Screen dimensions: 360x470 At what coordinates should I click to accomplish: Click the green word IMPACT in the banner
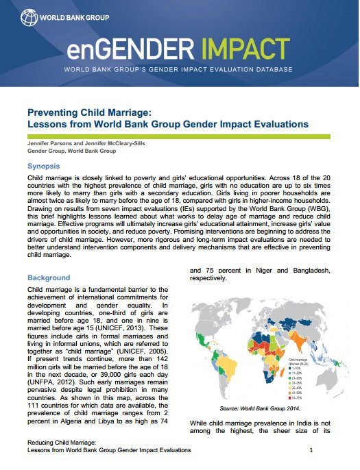[x=234, y=50]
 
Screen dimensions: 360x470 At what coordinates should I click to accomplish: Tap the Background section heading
[x=49, y=277]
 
